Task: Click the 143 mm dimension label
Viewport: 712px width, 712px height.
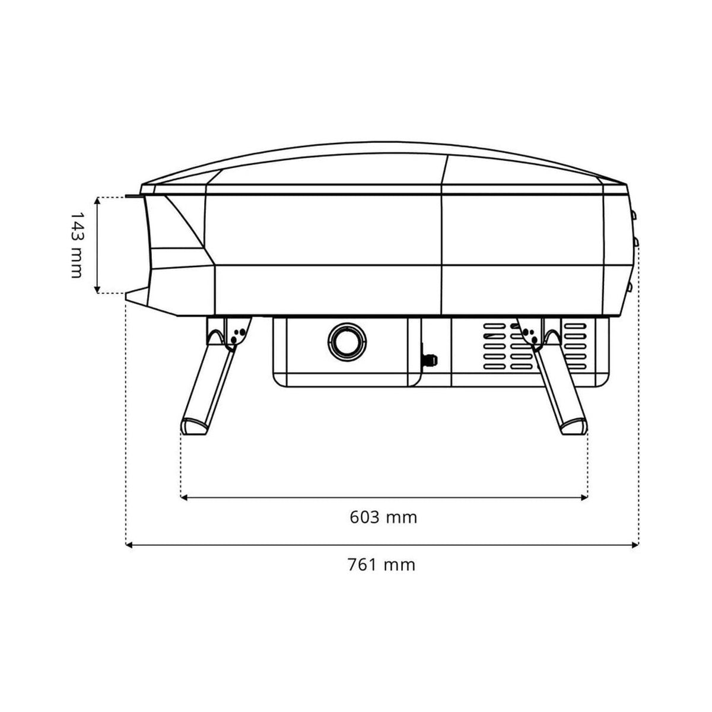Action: point(75,245)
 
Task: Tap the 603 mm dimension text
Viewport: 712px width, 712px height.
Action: point(383,517)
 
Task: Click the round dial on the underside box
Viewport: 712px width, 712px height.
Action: point(347,342)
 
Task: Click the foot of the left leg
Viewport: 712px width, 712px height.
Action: point(195,426)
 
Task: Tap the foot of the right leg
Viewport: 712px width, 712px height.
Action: point(574,426)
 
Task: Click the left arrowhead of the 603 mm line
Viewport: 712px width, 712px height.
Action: point(185,497)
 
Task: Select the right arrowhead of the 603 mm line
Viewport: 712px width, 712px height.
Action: point(584,497)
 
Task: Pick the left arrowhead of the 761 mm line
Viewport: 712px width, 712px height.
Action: point(129,545)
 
